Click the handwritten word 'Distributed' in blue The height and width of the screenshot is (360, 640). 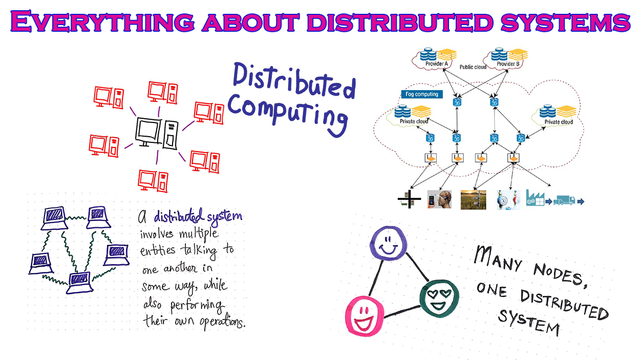(294, 82)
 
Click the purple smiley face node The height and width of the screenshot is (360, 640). (387, 245)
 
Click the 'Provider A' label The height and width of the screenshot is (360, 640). (437, 64)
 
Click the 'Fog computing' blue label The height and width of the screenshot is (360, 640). (421, 94)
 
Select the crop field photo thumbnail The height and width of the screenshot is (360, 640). (473, 199)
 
